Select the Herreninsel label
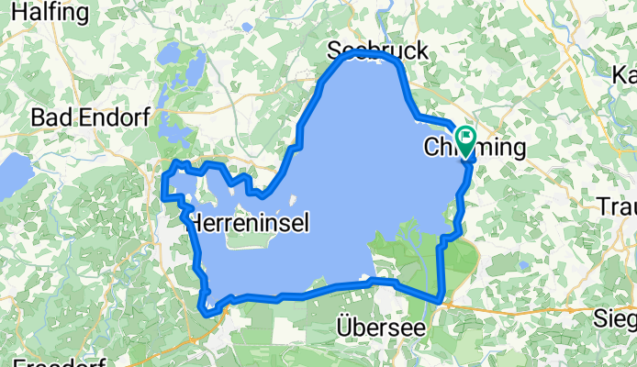(248, 222)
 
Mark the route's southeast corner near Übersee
(441, 298)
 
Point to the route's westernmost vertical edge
(163, 183)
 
